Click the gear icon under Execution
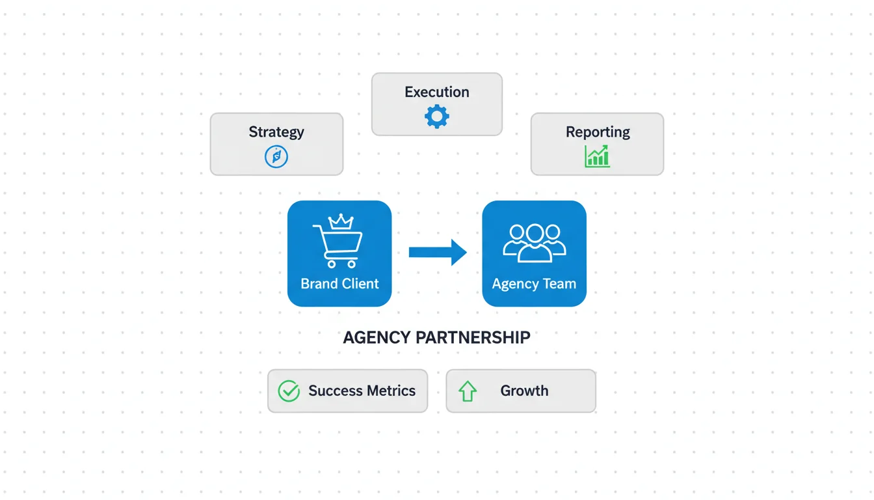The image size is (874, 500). click(x=437, y=117)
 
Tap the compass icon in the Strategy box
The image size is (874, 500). click(x=276, y=156)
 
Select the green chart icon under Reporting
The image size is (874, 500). click(x=597, y=156)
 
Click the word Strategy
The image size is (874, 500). click(x=276, y=132)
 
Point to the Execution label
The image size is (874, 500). click(x=437, y=92)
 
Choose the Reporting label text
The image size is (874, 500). click(x=598, y=132)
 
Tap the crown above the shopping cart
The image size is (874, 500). click(x=341, y=221)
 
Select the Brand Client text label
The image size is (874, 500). click(x=339, y=284)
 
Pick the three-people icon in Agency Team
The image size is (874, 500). click(x=535, y=243)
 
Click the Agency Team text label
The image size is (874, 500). click(x=534, y=284)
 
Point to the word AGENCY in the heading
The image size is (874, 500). click(x=377, y=337)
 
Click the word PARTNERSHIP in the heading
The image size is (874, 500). click(x=473, y=337)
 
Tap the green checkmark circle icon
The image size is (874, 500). click(x=289, y=391)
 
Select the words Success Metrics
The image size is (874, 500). click(x=362, y=391)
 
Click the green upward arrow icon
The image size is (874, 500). click(x=468, y=391)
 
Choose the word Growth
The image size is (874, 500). click(x=524, y=391)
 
